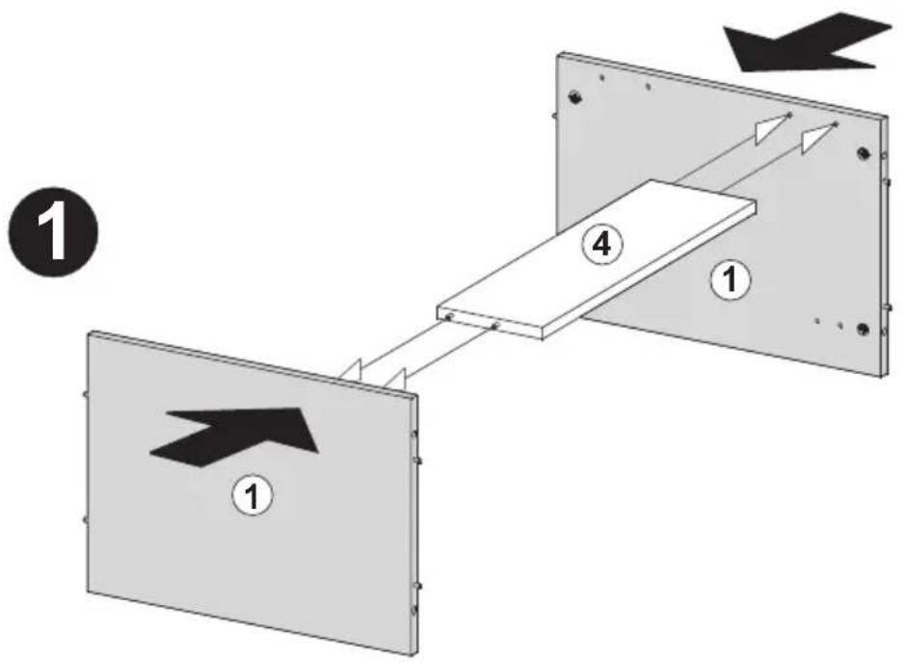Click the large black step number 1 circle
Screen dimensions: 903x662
pos(54,232)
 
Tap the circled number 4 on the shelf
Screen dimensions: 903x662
pos(601,245)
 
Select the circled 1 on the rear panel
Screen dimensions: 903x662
pos(730,280)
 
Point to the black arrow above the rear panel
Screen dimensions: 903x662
pos(808,43)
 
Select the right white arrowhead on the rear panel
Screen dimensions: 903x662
pos(817,138)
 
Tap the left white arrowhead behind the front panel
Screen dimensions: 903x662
pos(351,371)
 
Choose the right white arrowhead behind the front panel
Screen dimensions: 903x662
pos(396,378)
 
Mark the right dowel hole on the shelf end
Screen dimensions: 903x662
pos(494,327)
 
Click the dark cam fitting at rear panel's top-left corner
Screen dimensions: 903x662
pos(574,96)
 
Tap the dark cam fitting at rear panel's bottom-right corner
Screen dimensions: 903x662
pos(863,329)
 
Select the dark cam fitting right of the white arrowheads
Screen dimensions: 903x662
pos(863,153)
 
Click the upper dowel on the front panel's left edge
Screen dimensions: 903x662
pos(85,394)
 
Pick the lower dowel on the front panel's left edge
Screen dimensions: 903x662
pos(85,519)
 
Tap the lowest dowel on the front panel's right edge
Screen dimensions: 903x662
pos(414,609)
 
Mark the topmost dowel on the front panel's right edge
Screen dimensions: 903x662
pos(414,434)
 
